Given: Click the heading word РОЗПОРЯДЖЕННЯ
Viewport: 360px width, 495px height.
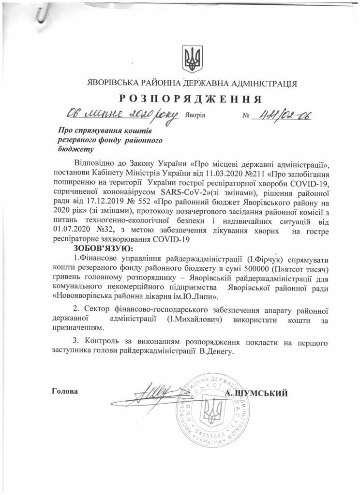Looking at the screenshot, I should [x=190, y=99].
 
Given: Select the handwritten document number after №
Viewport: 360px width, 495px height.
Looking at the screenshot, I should [x=285, y=115].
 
